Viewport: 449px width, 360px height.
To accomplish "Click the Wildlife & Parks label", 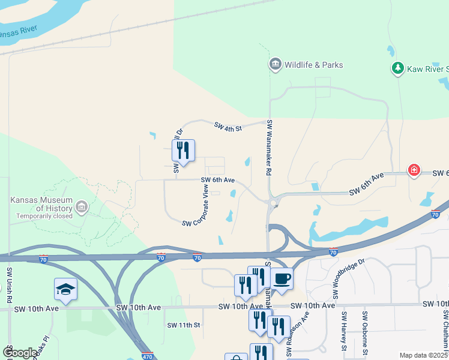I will click(315, 65).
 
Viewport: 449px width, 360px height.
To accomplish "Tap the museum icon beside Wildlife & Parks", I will click(276, 64).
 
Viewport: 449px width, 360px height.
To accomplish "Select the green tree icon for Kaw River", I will click(397, 69).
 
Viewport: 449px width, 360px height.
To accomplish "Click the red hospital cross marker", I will click(414, 171).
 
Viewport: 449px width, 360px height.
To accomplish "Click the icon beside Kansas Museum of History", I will click(82, 209).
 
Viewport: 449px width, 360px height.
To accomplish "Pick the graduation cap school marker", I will click(65, 289).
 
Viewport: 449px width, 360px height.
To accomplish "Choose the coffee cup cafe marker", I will click(282, 278).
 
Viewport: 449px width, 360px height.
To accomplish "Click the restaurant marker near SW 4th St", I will click(183, 151).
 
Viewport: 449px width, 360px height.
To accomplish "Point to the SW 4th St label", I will click(228, 126).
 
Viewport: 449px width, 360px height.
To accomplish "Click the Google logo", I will click(20, 353).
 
